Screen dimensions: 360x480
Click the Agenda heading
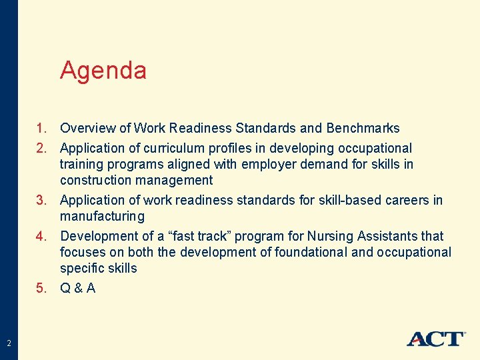point(103,70)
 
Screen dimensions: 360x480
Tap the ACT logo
point(436,338)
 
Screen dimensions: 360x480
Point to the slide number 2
point(9,343)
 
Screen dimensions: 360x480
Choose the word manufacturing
point(102,217)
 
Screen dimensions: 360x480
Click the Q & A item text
point(77,288)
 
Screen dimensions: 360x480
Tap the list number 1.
point(41,128)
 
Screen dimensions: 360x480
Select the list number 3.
point(41,200)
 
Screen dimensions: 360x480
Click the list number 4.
point(41,236)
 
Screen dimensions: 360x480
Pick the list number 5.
point(41,288)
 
